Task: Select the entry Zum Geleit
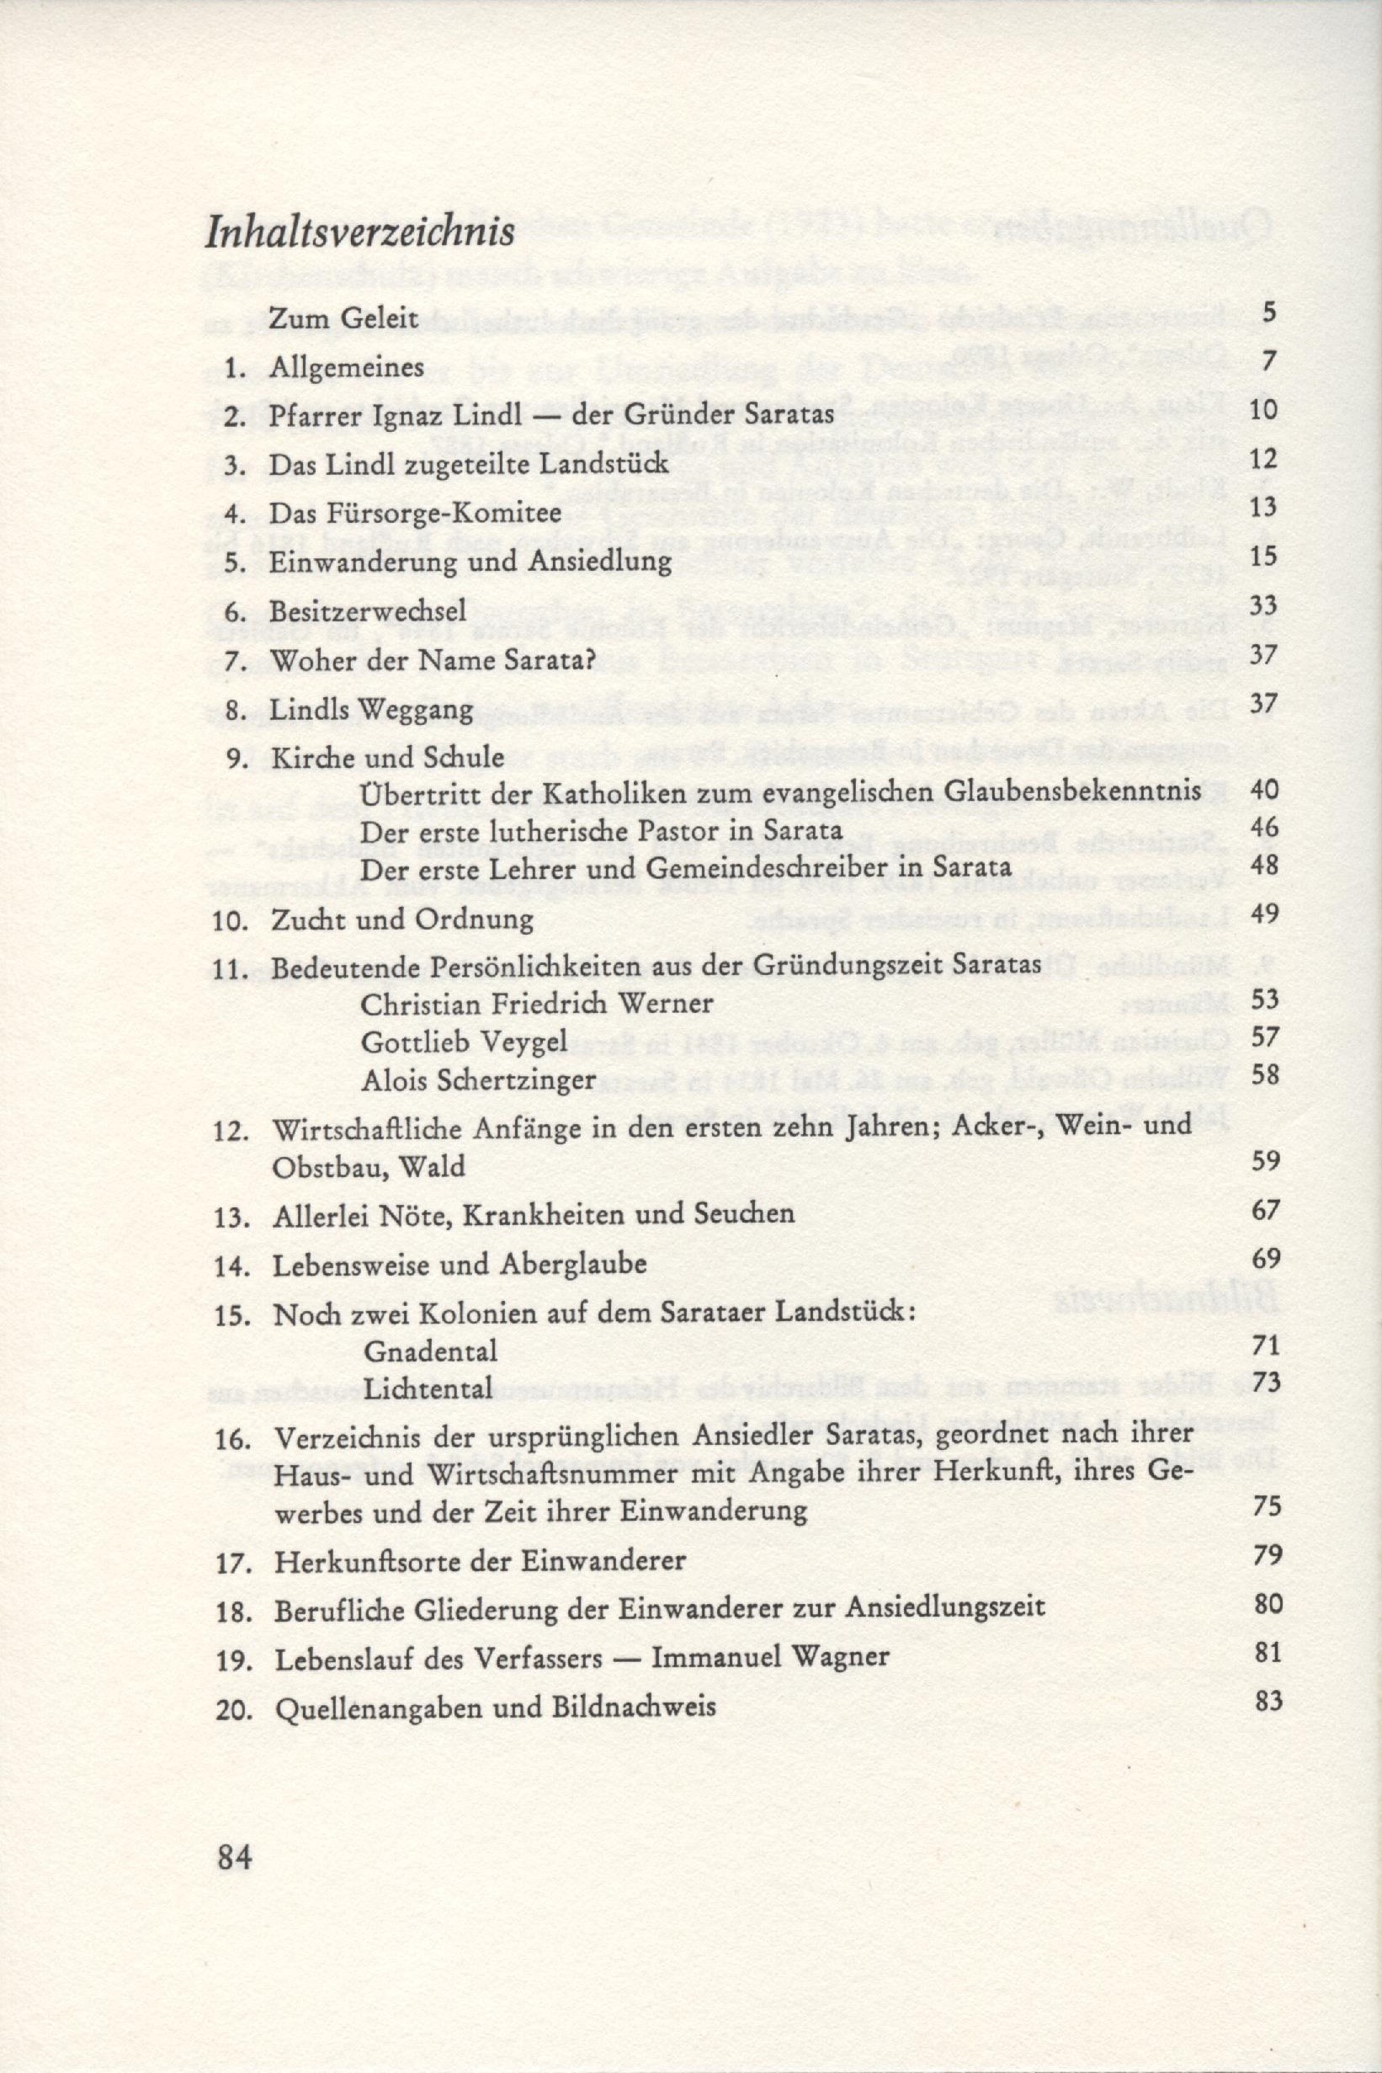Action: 342,317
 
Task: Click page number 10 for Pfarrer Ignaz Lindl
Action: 1264,411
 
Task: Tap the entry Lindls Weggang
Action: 373,710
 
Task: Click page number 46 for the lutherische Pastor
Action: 1264,827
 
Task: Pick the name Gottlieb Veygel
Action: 464,1042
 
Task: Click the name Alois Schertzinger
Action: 479,1079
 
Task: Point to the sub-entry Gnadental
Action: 430,1350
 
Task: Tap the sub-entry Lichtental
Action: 427,1388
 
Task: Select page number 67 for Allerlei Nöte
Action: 1265,1210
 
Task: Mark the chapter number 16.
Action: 232,1438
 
